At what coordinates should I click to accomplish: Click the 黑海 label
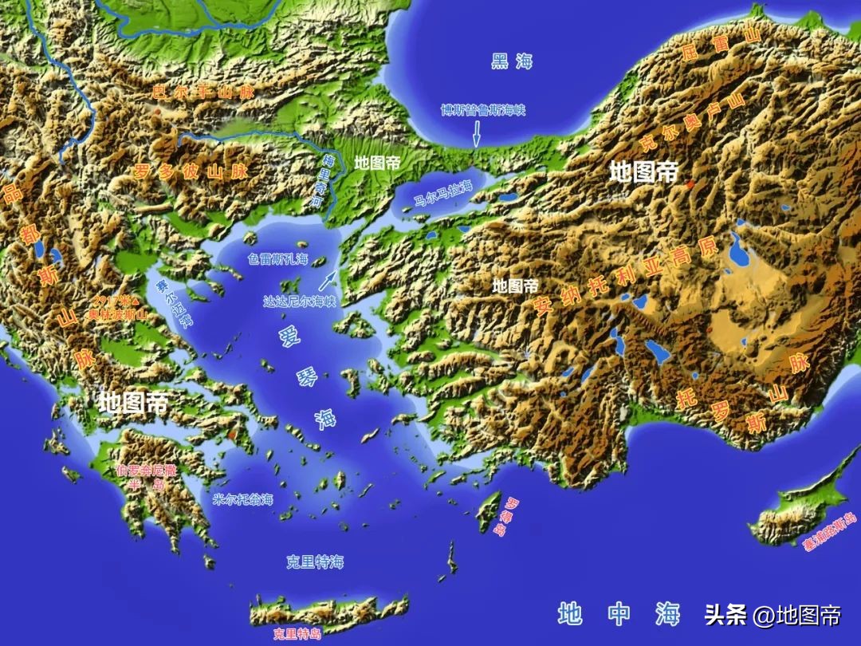coord(511,61)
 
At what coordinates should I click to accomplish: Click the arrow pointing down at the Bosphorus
coord(476,132)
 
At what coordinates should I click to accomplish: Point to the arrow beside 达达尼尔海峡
coord(328,278)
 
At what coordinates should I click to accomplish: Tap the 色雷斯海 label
coord(277,259)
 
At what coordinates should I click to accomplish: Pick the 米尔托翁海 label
coord(243,500)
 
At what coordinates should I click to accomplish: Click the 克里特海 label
coord(315,561)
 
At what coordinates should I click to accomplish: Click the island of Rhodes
coord(488,513)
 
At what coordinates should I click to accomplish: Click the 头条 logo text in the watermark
coord(725,615)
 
